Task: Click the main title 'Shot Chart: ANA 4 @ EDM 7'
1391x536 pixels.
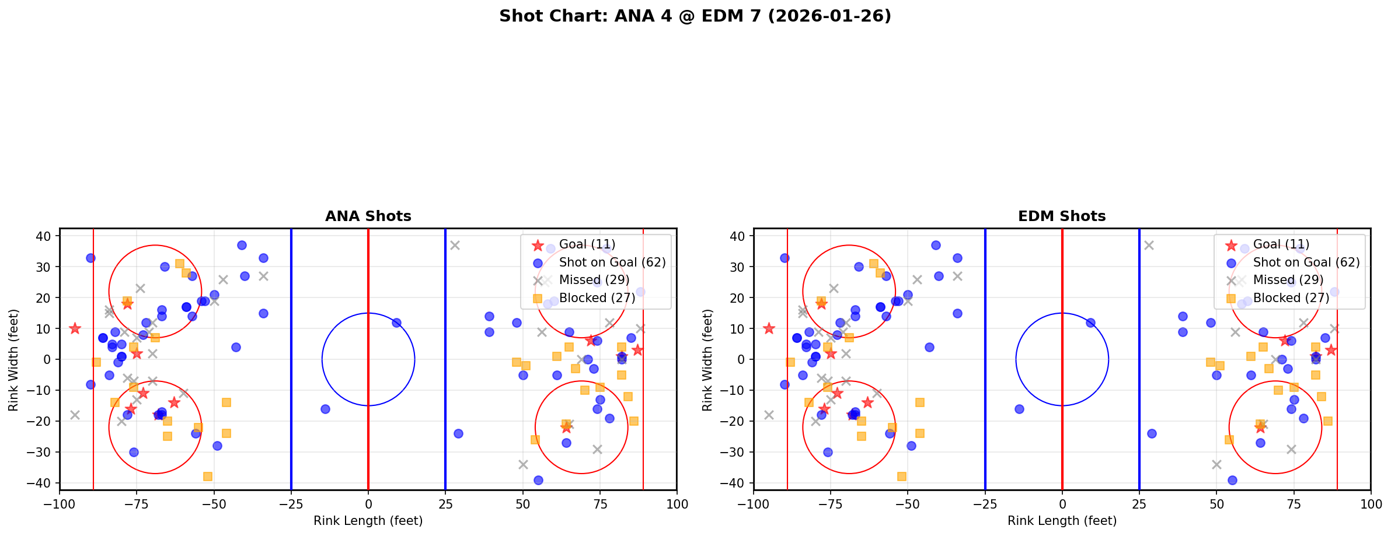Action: coord(695,16)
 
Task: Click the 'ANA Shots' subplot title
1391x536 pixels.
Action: coord(368,216)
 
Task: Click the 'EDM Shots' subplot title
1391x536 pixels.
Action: coord(1061,216)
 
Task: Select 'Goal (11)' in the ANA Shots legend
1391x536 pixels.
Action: coord(587,244)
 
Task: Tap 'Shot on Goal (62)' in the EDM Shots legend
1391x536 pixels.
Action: coord(1306,262)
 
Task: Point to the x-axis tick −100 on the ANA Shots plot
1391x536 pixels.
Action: coord(60,504)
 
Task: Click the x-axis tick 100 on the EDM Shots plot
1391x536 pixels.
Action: coord(1370,504)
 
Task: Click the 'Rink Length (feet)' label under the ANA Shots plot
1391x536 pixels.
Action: coord(368,521)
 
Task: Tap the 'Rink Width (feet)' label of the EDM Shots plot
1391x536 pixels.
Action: coord(707,359)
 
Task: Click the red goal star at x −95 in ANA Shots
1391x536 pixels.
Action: coord(75,328)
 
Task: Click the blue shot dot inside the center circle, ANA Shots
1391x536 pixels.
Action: coord(396,323)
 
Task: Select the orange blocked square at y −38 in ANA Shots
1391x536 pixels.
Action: coord(208,477)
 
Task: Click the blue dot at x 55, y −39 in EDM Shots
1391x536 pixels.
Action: coord(1232,480)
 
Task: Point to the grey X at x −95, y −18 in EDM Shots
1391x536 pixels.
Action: coord(769,415)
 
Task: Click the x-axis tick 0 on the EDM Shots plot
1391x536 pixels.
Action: coord(1062,504)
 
